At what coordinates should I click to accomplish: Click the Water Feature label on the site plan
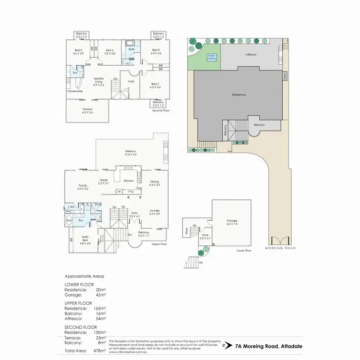(212, 56)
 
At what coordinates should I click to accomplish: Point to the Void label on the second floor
(131, 81)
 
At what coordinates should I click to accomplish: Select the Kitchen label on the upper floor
(129, 180)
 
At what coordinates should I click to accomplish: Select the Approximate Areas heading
(84, 276)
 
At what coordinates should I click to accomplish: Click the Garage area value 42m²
(101, 295)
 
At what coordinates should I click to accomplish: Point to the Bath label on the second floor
(131, 49)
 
